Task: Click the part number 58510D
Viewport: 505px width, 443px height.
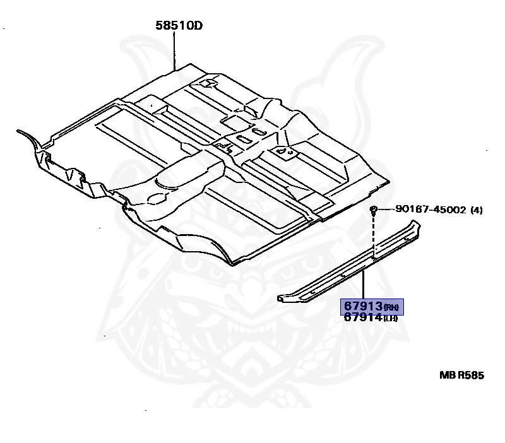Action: pyautogui.click(x=183, y=26)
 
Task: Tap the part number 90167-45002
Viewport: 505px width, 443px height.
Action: pyautogui.click(x=431, y=210)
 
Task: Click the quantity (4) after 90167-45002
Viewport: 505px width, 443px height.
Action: pyautogui.click(x=477, y=210)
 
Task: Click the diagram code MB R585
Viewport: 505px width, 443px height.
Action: pyautogui.click(x=461, y=375)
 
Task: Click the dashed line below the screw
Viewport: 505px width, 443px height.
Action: pyautogui.click(x=374, y=237)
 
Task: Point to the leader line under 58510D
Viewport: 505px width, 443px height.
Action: pyautogui.click(x=174, y=50)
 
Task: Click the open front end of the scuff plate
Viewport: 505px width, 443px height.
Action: pyautogui.click(x=281, y=298)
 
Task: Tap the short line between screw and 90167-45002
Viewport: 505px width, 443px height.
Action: pyautogui.click(x=386, y=210)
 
